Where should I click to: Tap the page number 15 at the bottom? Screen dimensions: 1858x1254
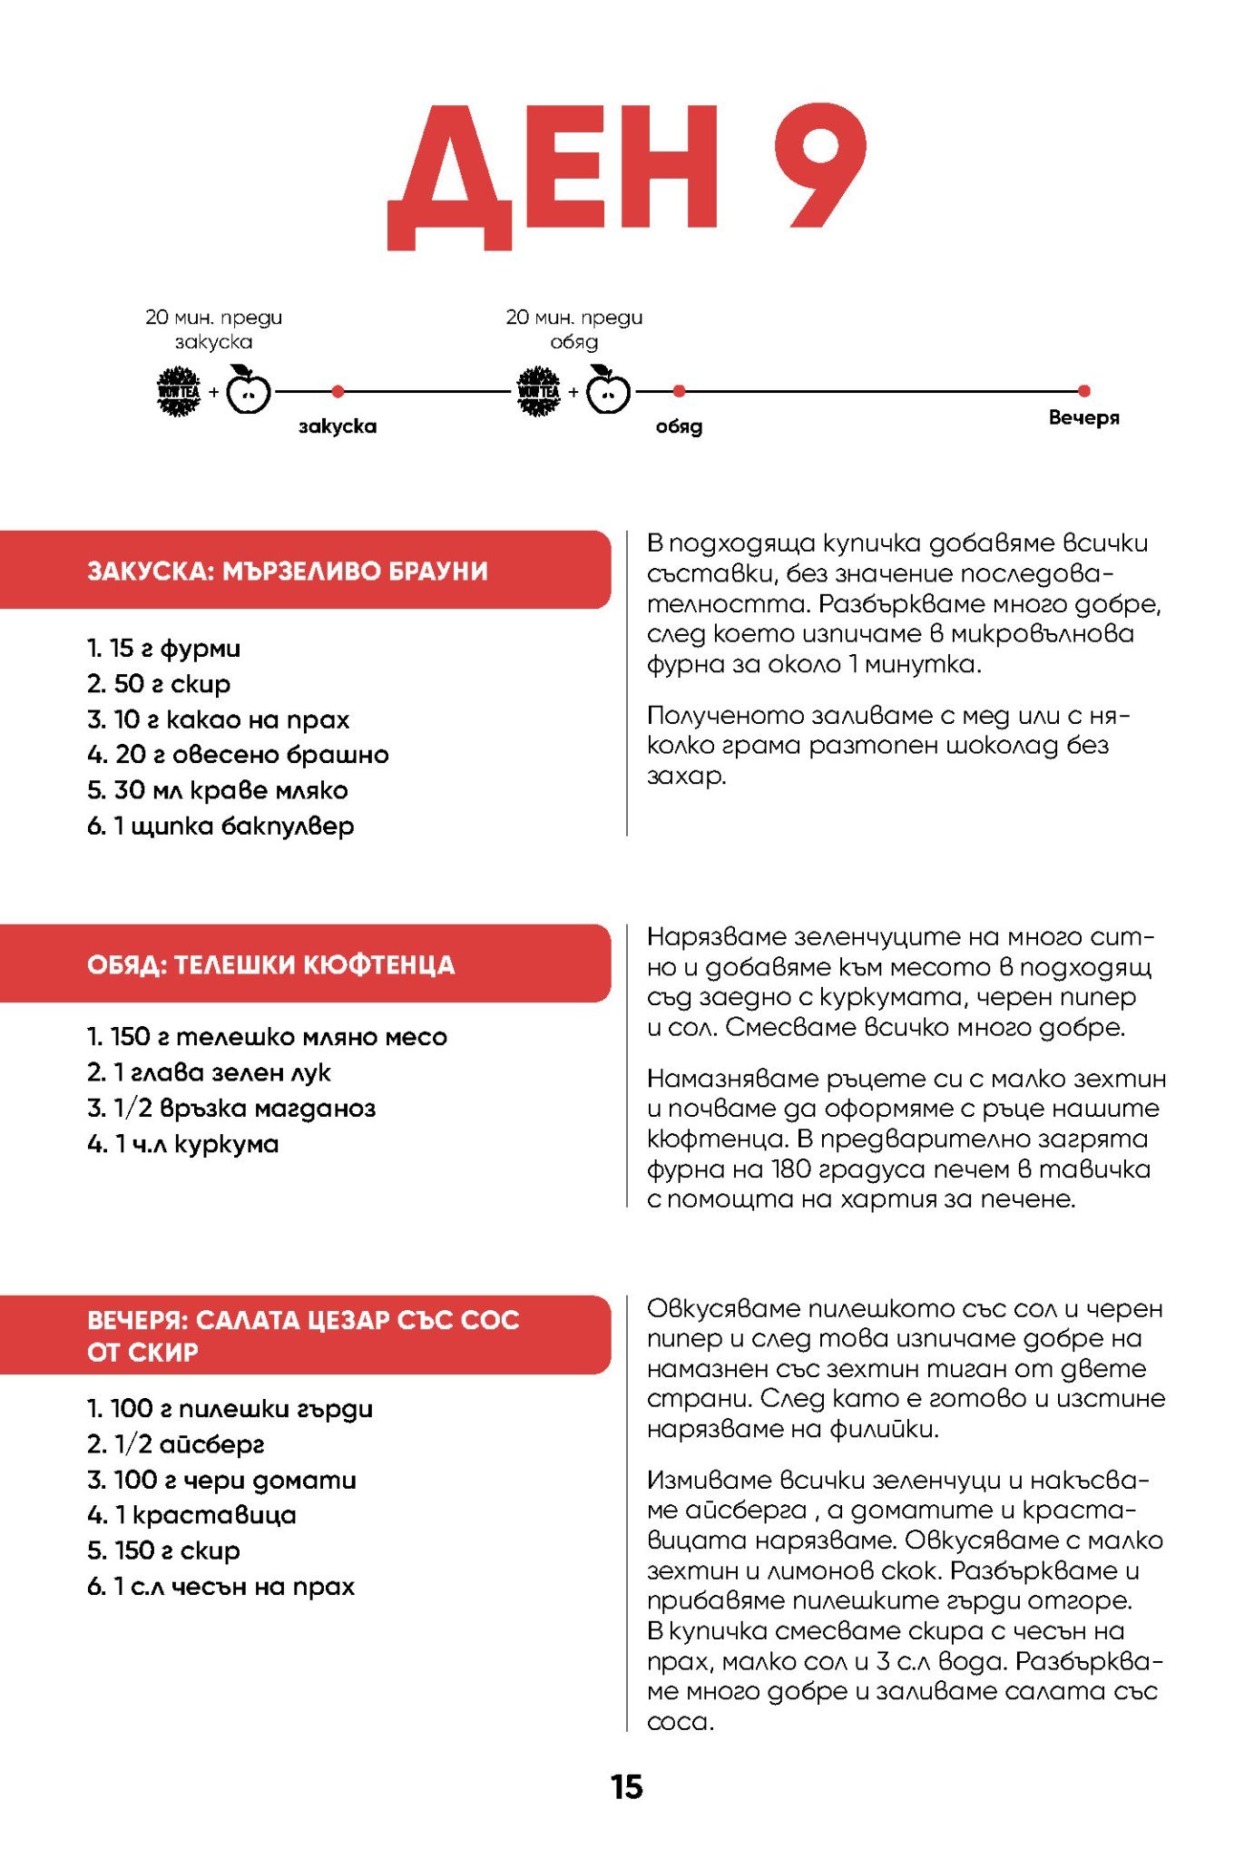tap(626, 1786)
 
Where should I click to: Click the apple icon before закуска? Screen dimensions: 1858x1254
tap(248, 391)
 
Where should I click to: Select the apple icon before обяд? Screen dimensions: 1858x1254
tap(608, 391)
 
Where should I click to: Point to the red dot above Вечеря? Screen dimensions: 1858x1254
tap(1083, 391)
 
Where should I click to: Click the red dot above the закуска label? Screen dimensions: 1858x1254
tap(338, 391)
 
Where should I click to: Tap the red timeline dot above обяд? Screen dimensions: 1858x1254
tap(679, 391)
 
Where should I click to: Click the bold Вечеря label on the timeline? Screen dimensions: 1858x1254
tap(1083, 417)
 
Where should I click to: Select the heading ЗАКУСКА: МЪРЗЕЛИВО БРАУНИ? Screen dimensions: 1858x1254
tap(288, 571)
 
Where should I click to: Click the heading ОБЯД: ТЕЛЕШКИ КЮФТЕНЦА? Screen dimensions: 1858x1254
tap(271, 964)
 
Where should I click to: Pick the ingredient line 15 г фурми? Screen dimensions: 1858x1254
tap(164, 649)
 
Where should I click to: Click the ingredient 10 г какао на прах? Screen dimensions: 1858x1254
tap(219, 719)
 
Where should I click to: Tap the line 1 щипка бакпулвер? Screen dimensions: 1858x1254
tap(220, 826)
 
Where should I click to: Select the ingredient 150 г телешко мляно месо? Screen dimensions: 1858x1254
tap(268, 1037)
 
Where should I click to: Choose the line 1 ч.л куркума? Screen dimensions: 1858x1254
tap(183, 1144)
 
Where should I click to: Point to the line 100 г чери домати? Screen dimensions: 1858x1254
tap(222, 1480)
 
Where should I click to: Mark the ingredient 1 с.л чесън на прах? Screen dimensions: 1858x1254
tap(220, 1586)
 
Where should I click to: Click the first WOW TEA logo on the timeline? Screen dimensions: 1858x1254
tap(179, 391)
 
